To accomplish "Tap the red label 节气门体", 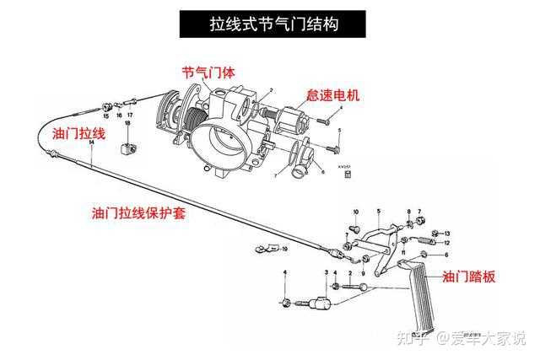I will (208, 72).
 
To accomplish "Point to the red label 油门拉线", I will (78, 135).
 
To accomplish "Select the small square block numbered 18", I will (128, 149).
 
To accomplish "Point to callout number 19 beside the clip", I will (284, 250).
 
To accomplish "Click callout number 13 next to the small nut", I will (447, 233).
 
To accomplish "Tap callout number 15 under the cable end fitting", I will (106, 116).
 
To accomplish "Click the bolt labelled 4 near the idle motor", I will (326, 122).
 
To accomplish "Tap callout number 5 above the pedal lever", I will (379, 209).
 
